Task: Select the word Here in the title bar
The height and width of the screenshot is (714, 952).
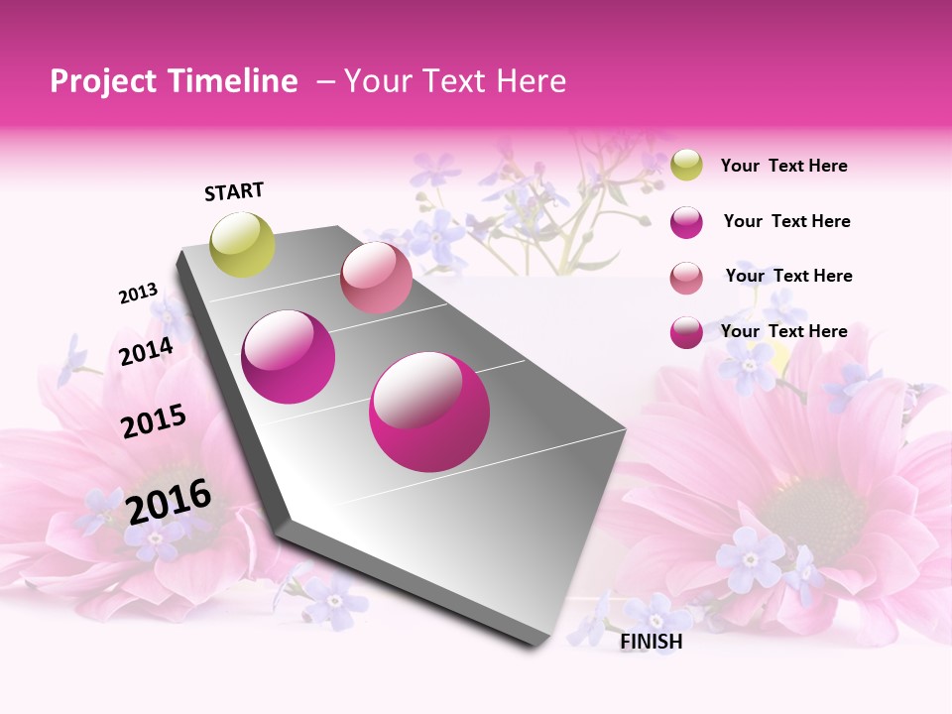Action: [532, 81]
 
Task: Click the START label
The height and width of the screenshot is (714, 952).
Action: [234, 191]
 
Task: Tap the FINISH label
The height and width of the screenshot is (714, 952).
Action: [652, 642]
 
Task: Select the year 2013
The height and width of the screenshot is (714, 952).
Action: [139, 294]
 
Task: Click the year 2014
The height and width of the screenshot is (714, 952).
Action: [147, 351]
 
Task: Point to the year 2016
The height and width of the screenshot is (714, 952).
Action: [169, 502]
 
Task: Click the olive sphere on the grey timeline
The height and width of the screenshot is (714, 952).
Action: [243, 244]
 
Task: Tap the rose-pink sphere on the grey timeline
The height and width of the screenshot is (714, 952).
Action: [376, 278]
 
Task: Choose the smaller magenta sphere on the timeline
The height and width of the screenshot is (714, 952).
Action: [289, 357]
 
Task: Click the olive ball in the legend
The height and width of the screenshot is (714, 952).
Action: [686, 165]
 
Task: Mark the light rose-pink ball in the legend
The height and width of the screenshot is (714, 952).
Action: [686, 278]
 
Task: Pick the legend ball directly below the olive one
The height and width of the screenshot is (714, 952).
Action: [686, 222]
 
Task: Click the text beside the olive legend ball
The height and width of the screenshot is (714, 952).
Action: [783, 166]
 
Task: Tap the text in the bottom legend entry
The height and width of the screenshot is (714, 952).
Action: [783, 331]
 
